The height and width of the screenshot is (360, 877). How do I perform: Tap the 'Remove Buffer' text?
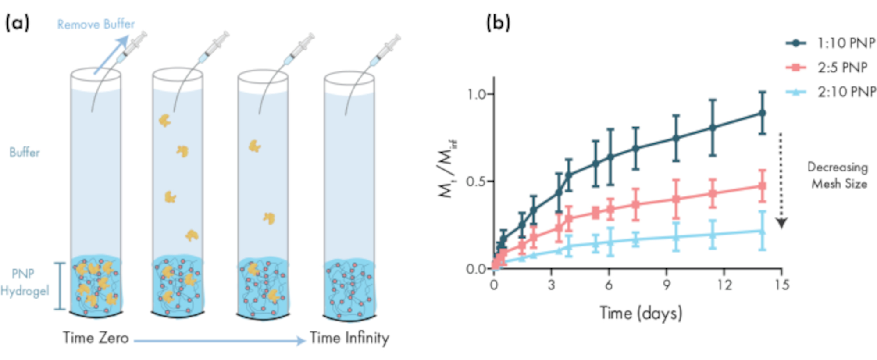(96, 25)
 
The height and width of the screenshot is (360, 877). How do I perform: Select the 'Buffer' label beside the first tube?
(25, 153)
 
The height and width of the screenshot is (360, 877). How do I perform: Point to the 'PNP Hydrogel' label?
(24, 282)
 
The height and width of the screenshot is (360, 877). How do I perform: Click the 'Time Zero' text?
(96, 338)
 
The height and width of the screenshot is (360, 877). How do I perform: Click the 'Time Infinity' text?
(349, 338)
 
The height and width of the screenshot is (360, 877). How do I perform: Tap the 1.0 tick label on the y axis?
(476, 94)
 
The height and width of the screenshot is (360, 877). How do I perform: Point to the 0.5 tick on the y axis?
(476, 181)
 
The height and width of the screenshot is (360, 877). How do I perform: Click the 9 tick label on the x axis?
(667, 285)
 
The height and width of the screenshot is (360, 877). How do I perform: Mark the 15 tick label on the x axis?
(781, 285)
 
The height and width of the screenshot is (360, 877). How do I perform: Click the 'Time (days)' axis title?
(641, 314)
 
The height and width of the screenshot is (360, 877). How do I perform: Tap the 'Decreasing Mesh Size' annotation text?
(838, 175)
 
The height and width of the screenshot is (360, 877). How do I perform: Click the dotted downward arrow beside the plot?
(781, 180)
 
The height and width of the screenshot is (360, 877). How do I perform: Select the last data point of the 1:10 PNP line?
(763, 113)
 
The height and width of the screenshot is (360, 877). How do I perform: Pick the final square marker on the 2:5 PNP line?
(763, 186)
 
